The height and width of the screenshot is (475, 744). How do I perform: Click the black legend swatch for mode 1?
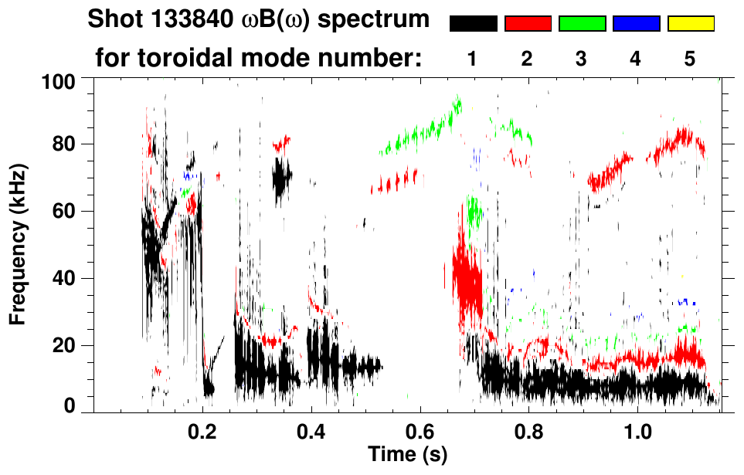[x=473, y=24]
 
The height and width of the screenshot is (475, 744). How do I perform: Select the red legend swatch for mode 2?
[x=527, y=24]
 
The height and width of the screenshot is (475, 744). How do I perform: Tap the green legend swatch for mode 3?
[x=582, y=24]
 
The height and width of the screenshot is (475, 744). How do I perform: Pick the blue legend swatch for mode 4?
[x=636, y=24]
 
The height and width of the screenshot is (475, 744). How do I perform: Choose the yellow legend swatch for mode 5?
[x=691, y=24]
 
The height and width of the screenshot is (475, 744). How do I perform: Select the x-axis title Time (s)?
[x=406, y=455]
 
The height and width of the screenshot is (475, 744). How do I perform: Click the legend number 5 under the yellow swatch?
[x=690, y=59]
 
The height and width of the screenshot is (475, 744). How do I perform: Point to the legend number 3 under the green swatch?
[x=581, y=59]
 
